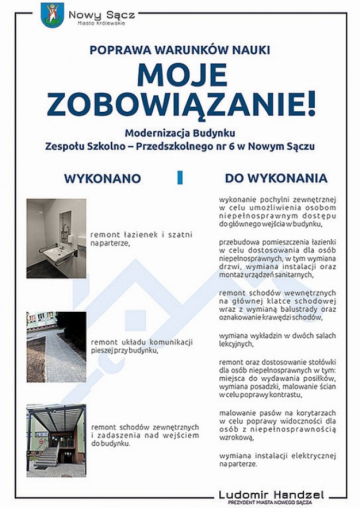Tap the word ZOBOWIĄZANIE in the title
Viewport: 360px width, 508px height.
tap(175, 105)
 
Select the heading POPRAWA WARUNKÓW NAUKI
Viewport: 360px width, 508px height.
tap(180, 51)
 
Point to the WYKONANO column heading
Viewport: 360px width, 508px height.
tap(103, 179)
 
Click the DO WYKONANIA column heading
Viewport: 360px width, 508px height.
tap(276, 178)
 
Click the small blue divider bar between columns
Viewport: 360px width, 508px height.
tap(180, 178)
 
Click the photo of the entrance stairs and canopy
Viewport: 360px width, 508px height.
tap(56, 440)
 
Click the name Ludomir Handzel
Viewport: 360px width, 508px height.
tap(271, 494)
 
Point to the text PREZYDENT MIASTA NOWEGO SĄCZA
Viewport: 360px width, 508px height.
tap(271, 502)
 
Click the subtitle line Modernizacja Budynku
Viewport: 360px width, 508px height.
tap(179, 132)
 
